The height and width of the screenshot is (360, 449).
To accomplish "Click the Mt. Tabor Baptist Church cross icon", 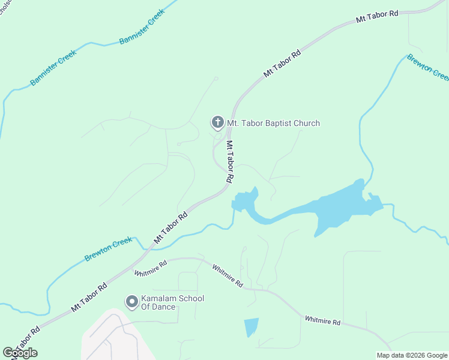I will click(x=217, y=122).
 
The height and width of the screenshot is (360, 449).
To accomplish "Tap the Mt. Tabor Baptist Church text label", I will click(x=273, y=123).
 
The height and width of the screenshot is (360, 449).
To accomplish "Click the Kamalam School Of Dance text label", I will click(x=164, y=303).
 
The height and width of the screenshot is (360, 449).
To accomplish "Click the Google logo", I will click(x=20, y=352).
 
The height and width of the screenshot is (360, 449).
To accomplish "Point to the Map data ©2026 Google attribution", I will click(x=412, y=355).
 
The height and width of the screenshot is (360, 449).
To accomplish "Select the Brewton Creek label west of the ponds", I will click(x=108, y=249).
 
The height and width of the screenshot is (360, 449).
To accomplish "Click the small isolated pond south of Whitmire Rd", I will click(x=252, y=327).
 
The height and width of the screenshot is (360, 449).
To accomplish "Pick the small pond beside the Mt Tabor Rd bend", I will click(x=245, y=201).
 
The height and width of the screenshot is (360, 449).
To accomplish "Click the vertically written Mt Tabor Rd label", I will click(x=229, y=161).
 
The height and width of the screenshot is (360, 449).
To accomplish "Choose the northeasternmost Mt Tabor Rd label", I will click(x=377, y=16).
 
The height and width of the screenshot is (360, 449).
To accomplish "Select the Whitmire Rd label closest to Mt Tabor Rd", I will click(x=150, y=269).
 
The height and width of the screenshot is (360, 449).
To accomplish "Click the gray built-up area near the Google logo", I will click(x=111, y=336).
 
